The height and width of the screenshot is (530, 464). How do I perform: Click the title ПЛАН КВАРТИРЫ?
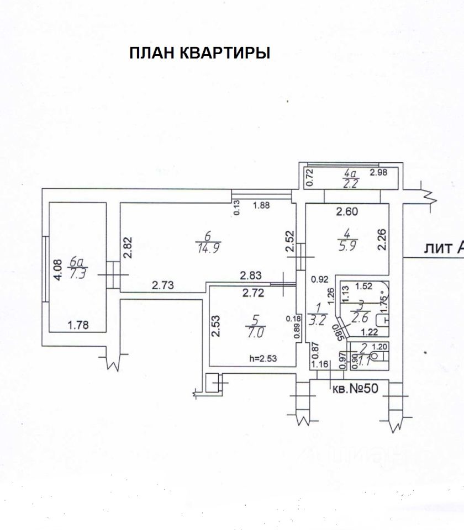pos(199,53)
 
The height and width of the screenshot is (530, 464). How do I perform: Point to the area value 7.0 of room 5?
pos(255,333)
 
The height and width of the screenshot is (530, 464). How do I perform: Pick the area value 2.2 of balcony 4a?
pos(351,184)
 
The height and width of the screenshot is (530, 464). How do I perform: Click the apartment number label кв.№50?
pos(355,388)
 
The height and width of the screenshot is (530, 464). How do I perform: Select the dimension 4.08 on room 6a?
pos(56,272)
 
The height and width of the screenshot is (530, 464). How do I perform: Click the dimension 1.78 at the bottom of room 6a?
pos(78,325)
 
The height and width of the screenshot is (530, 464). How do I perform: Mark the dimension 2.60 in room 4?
pos(347,210)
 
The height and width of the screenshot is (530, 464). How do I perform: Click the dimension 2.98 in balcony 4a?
pos(379,173)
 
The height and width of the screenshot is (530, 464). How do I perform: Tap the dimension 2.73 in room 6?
pos(163,285)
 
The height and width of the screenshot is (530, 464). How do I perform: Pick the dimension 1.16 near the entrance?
pos(320,364)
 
